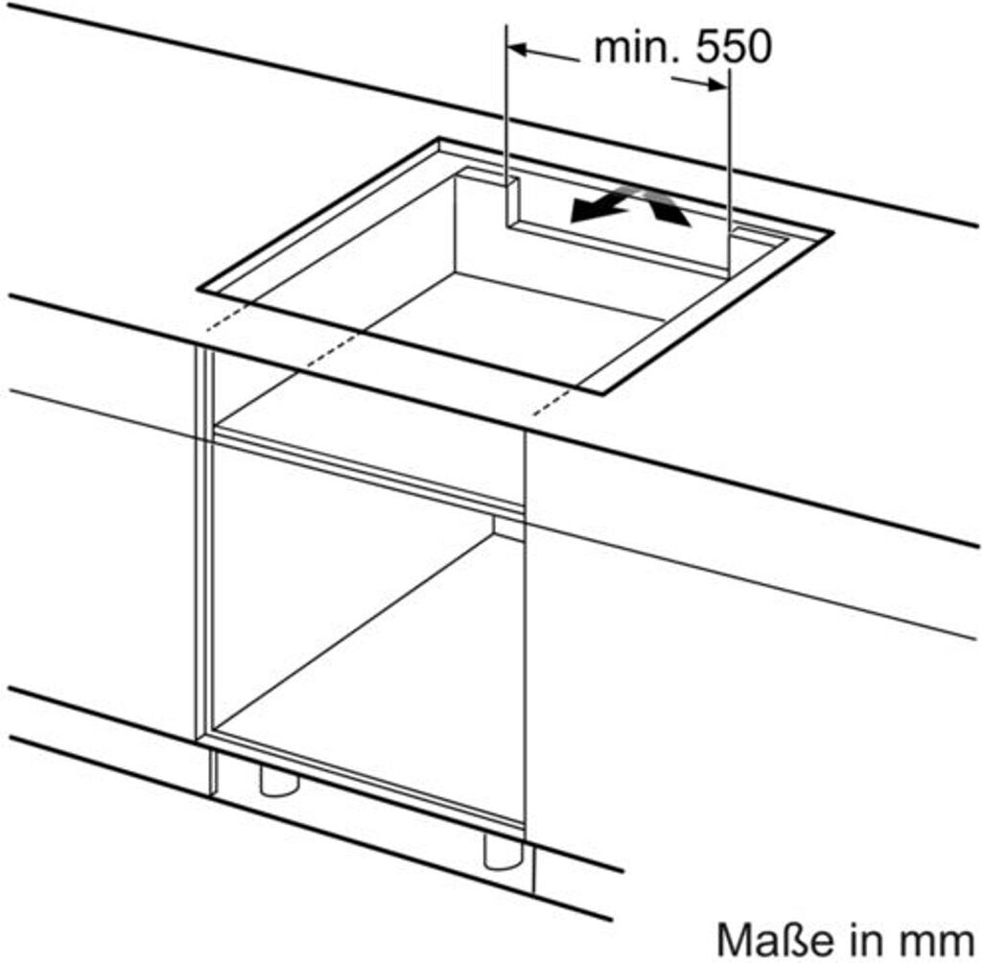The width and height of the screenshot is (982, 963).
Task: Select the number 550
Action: click(732, 47)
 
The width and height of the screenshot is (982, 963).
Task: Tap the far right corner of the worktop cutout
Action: click(830, 231)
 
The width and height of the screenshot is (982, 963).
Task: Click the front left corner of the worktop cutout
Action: click(200, 287)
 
